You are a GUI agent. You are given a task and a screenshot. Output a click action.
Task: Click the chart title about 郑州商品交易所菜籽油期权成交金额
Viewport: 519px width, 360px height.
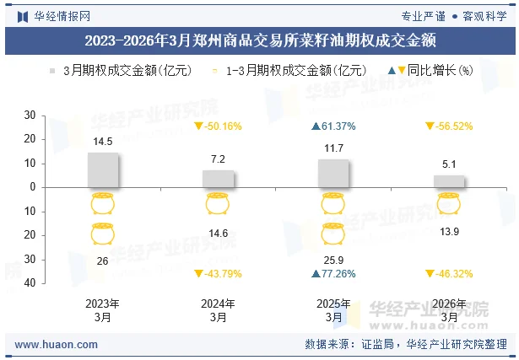coord(259,39)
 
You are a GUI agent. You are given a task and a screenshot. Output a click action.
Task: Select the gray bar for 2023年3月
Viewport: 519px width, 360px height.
coord(103,169)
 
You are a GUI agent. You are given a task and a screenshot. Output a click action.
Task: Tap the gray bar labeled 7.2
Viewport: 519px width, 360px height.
coord(218,178)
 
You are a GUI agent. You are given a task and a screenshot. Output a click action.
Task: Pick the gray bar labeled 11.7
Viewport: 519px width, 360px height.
coord(333,173)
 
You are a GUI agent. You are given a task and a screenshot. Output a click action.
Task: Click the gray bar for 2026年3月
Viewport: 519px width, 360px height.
coord(449,180)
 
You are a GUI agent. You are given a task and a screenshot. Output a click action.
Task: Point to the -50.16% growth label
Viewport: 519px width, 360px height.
coord(218,126)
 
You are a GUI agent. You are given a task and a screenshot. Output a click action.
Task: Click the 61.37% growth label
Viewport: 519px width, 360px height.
coord(333,126)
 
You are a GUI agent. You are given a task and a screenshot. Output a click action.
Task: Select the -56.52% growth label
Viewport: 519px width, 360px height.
coord(449,126)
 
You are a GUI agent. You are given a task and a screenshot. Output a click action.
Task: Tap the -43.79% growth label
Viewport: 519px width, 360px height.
coord(218,273)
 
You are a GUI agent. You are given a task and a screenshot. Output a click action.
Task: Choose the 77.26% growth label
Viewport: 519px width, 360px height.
coord(333,273)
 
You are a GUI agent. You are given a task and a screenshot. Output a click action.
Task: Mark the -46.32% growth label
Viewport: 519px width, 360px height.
coord(449,273)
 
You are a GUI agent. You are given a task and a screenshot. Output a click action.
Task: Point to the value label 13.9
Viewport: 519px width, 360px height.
coord(449,231)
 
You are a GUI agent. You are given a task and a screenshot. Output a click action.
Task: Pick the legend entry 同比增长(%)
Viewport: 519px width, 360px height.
coord(430,71)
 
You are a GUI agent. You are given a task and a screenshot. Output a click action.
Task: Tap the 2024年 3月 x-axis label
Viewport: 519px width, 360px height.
coord(218,310)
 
